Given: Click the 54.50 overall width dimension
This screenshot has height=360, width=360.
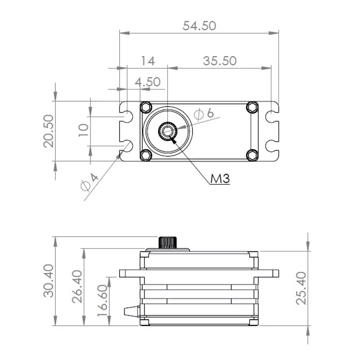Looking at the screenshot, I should [199, 26].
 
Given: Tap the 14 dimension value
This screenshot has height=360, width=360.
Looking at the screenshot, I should [148, 61].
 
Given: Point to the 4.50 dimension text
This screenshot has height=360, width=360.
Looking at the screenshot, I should [148, 82].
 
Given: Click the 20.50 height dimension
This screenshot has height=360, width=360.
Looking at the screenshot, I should [49, 130].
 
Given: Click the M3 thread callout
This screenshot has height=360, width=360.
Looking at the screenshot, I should [220, 179].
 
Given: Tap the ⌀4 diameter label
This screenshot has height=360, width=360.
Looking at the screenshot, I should [89, 181].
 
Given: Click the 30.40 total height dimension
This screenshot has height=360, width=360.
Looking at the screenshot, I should [49, 281].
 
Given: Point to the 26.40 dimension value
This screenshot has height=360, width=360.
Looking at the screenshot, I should [77, 286].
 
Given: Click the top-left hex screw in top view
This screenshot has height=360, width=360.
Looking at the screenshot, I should [145, 107].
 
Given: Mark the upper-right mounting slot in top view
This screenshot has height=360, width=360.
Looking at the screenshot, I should [272, 116].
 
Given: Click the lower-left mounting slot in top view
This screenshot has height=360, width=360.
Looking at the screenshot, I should [126, 146].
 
